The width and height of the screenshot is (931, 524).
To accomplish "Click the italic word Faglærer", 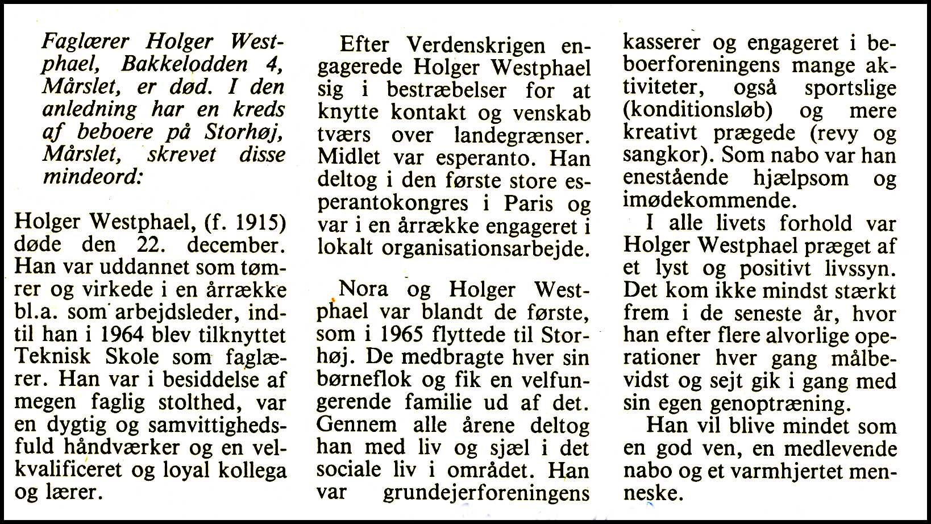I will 86,43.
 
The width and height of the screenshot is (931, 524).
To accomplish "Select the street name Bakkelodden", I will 184,65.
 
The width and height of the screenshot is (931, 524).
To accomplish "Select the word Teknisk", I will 52,357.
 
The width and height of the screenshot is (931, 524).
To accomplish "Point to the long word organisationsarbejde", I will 483,248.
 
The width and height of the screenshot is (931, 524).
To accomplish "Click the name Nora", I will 364,289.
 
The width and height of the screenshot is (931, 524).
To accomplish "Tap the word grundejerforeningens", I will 486,493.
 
